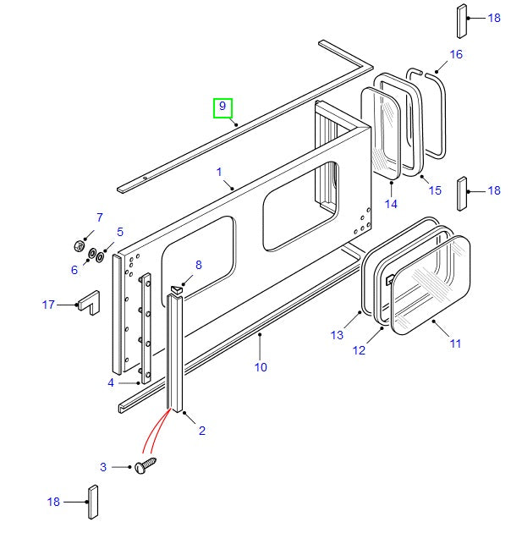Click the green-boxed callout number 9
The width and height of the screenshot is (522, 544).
222,107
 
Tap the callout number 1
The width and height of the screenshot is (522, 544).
219,173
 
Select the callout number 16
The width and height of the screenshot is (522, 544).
456,54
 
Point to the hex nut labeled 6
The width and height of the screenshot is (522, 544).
79,248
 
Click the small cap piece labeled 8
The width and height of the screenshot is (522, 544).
177,289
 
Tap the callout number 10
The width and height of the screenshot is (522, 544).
261,366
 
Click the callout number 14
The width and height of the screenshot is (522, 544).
391,203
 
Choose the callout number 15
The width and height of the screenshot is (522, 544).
435,190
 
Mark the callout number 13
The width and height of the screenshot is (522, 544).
338,335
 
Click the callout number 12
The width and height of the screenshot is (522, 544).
360,350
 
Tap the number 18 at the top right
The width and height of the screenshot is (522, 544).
494,18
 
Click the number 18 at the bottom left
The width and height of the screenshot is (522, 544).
54,502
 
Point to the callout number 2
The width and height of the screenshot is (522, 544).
202,431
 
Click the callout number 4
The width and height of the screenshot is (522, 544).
111,383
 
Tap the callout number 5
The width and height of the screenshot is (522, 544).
120,232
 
